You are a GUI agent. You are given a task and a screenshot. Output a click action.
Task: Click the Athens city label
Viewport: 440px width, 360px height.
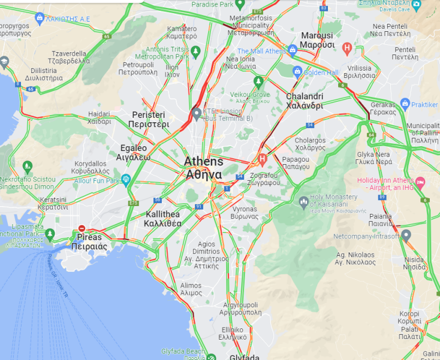pos(203,168)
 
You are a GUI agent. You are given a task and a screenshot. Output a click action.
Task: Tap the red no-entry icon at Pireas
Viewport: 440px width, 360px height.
pos(82,228)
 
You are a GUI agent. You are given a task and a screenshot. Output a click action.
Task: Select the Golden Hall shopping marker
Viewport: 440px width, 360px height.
pos(297,72)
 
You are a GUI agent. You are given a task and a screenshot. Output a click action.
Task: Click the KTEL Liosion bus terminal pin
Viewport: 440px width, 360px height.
pos(197,113)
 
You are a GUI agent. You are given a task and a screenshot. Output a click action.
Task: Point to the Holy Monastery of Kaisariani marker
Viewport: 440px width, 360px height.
pos(303,200)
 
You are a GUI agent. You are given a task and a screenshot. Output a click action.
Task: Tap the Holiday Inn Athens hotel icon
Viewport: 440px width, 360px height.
pos(420,181)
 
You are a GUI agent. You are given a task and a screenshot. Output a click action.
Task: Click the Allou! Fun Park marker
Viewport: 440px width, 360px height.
pos(126,179)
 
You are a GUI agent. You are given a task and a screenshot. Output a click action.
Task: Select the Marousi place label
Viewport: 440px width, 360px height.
pos(317,40)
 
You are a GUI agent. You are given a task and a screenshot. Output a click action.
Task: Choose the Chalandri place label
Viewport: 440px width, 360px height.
pos(305,101)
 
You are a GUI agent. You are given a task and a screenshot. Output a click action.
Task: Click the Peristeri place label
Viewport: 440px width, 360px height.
pos(150,119)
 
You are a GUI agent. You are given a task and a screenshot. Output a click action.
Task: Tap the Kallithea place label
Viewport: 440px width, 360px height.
pos(162,219)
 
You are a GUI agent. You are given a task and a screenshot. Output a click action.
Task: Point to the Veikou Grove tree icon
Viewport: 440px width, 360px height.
pos(258,81)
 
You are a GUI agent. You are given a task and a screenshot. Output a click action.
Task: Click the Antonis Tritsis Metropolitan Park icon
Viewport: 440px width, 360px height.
pos(195,52)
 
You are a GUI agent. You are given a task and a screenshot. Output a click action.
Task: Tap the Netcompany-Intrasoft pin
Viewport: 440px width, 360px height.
pos(406,235)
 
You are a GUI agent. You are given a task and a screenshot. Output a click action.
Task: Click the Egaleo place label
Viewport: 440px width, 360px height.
pos(133,153)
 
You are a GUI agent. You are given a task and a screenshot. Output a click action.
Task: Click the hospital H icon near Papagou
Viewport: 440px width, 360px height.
pos(262,159)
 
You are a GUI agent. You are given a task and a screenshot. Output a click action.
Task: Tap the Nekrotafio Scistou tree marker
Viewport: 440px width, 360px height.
pos(27,166)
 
